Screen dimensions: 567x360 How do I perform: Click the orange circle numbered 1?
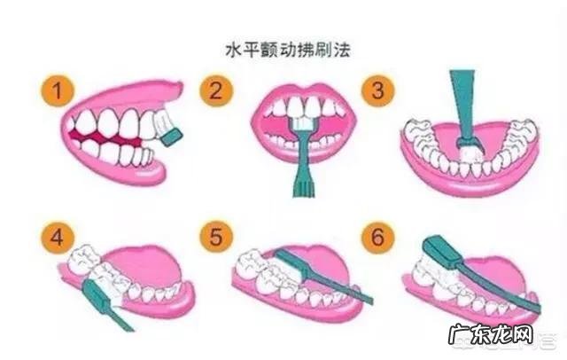click(x=57, y=90)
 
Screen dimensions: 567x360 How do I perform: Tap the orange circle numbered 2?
click(x=216, y=90)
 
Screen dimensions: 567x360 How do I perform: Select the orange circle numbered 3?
click(x=378, y=90)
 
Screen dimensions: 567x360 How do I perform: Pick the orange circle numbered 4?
click(x=57, y=238)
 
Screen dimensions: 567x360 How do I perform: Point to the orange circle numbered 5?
click(x=216, y=237)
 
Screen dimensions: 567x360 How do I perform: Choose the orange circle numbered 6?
click(x=378, y=237)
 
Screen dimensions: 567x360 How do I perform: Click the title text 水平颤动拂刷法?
click(x=288, y=50)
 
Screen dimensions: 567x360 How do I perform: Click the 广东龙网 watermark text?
click(x=491, y=334)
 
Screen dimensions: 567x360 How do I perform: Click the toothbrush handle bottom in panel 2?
click(x=303, y=190)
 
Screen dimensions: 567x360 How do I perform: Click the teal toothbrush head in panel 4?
click(x=95, y=294)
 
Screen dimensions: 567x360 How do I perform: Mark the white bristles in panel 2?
click(x=303, y=124)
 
